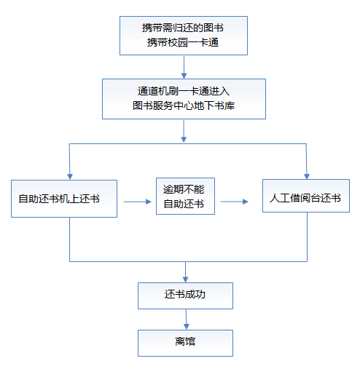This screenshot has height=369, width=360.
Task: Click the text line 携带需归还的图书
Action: [x=183, y=28]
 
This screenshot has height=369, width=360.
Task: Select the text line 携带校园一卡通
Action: [x=183, y=42]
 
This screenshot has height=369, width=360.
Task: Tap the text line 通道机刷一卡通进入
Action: [x=184, y=91]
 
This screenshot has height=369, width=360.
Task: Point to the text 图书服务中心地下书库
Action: [x=184, y=106]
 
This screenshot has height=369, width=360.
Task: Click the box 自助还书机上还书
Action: [x=64, y=199]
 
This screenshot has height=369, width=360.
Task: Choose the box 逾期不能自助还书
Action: [x=185, y=196]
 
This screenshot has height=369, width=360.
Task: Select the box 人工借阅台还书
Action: [x=306, y=196]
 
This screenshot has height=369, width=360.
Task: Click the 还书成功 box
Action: [x=185, y=295]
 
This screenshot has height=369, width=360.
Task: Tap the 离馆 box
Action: [x=185, y=343]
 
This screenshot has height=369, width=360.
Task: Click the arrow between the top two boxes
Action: [x=184, y=68]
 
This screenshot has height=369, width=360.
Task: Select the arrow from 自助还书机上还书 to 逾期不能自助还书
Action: [x=138, y=202]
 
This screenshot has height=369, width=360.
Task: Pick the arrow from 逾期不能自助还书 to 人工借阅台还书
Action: [x=235, y=202]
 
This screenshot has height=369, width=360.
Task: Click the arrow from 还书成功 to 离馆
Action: [x=187, y=320]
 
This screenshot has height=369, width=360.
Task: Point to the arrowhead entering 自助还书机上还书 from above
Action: [x=70, y=177]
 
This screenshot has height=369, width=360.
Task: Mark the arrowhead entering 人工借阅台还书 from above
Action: [x=307, y=176]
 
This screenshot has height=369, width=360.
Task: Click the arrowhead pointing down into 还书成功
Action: [x=185, y=279]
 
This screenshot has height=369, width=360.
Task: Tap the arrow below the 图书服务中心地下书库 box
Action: [x=184, y=131]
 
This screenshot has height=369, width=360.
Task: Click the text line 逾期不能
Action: [x=184, y=189]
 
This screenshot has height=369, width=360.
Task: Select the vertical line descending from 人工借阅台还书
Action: [x=307, y=237]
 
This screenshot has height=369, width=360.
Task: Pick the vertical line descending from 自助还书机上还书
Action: [x=70, y=239]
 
